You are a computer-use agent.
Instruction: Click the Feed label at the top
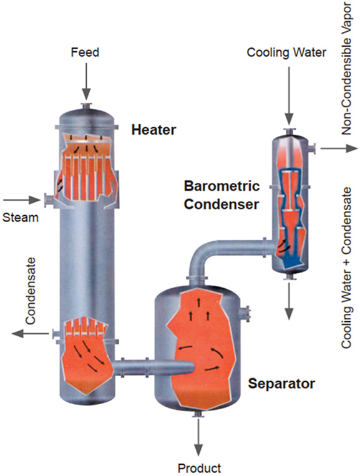[85, 52]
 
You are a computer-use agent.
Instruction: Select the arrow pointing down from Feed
[87, 82]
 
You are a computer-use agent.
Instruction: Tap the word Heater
[153, 130]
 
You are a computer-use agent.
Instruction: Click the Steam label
[21, 218]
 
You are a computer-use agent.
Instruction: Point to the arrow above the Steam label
[22, 200]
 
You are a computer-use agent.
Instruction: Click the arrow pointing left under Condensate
[31, 333]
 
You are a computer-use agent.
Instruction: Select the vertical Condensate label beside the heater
[31, 291]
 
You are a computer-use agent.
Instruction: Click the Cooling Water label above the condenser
[286, 52]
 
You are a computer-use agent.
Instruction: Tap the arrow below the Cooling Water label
[289, 96]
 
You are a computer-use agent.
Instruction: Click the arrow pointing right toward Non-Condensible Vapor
[339, 148]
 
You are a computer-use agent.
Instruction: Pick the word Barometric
[222, 186]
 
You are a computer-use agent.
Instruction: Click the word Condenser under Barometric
[221, 204]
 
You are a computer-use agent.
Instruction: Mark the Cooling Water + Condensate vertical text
[346, 268]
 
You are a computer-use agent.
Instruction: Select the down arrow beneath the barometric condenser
[289, 301]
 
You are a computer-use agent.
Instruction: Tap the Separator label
[281, 384]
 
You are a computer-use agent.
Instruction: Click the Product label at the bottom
[200, 468]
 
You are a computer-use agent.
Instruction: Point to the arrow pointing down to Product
[198, 437]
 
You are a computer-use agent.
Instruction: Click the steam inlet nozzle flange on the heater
[47, 200]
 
